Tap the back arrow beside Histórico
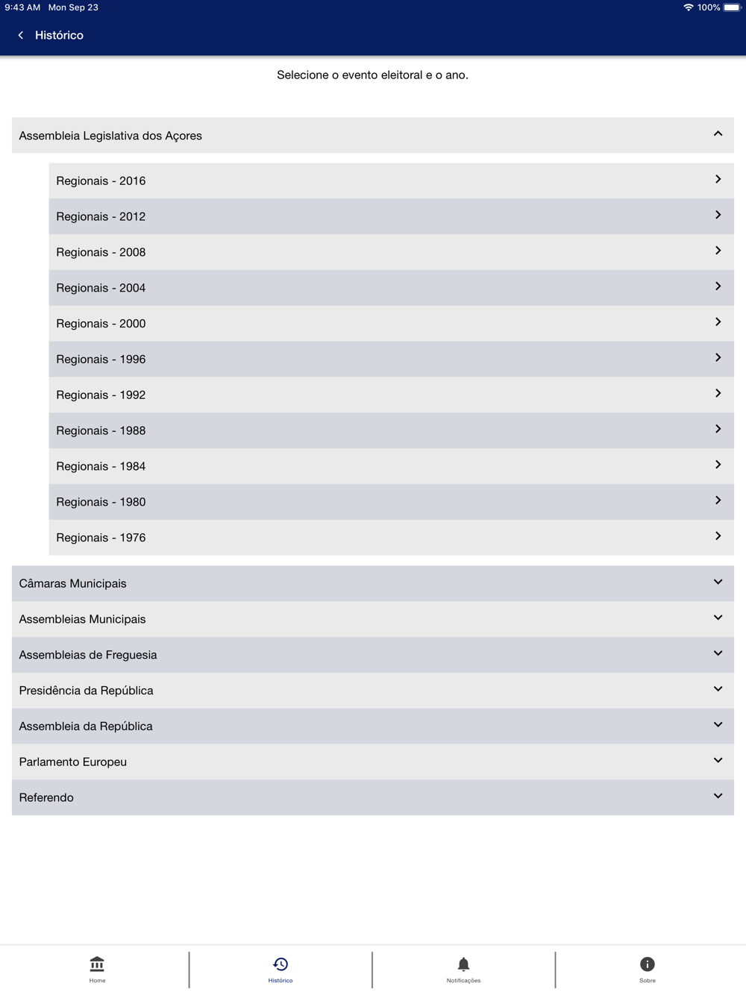click(x=21, y=35)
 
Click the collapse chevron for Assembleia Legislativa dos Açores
click(x=718, y=134)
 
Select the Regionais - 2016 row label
click(x=101, y=181)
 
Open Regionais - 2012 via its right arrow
click(x=718, y=216)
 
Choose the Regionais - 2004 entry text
click(x=101, y=288)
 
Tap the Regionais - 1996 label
click(x=101, y=360)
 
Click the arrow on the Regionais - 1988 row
click(x=718, y=430)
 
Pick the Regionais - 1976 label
click(x=101, y=538)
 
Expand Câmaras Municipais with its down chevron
click(x=718, y=583)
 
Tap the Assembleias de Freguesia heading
click(x=88, y=655)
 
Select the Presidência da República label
click(x=86, y=691)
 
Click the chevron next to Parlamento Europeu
click(x=718, y=761)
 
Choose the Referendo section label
click(x=46, y=798)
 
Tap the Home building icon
click(x=97, y=964)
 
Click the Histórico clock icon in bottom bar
click(x=280, y=964)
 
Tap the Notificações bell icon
click(x=463, y=964)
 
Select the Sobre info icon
click(x=647, y=964)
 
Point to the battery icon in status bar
click(x=732, y=7)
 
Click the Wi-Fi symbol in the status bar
click(x=688, y=7)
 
